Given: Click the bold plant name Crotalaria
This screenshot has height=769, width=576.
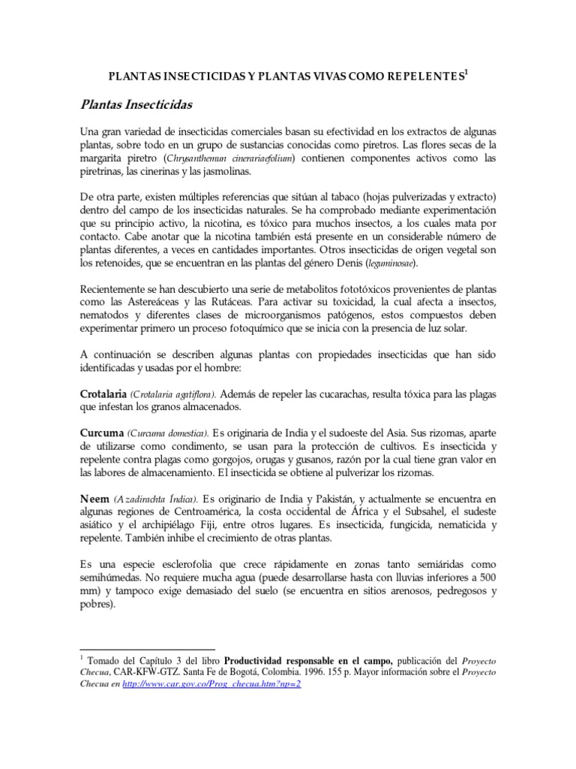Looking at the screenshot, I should pos(103,394).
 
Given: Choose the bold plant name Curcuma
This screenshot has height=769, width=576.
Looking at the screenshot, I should pos(100,433).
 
